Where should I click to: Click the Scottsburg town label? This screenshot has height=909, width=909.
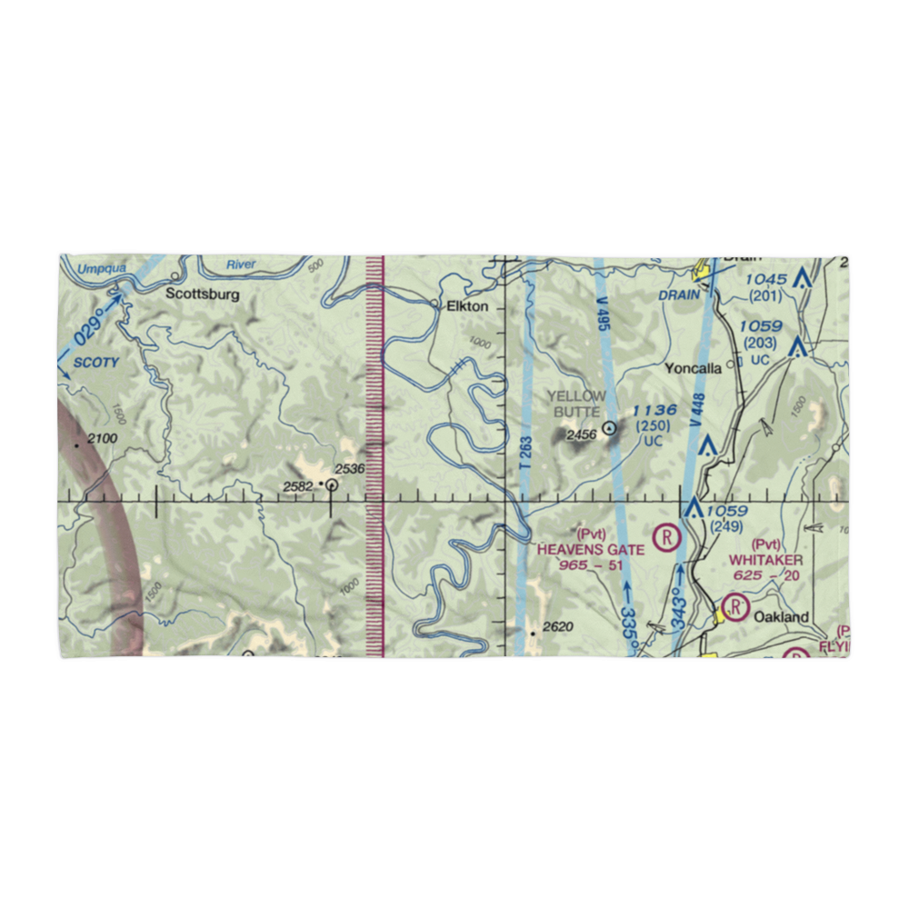click(203, 295)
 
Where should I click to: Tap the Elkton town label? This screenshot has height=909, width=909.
click(467, 306)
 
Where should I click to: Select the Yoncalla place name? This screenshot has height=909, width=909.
click(693, 368)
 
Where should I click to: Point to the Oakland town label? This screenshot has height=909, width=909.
click(781, 616)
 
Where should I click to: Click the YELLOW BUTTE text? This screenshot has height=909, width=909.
click(576, 404)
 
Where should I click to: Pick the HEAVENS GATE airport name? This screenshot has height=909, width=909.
click(591, 549)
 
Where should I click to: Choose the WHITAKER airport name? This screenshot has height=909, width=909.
click(766, 561)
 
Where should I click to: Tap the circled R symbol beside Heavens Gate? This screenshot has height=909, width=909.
click(668, 536)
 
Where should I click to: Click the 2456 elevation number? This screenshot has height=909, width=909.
click(581, 435)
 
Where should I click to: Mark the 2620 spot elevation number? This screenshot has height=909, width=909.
click(557, 626)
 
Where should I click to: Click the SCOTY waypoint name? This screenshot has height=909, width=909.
click(95, 363)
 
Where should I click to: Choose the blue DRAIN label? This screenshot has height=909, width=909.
click(680, 294)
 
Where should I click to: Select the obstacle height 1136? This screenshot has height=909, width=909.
click(654, 411)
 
